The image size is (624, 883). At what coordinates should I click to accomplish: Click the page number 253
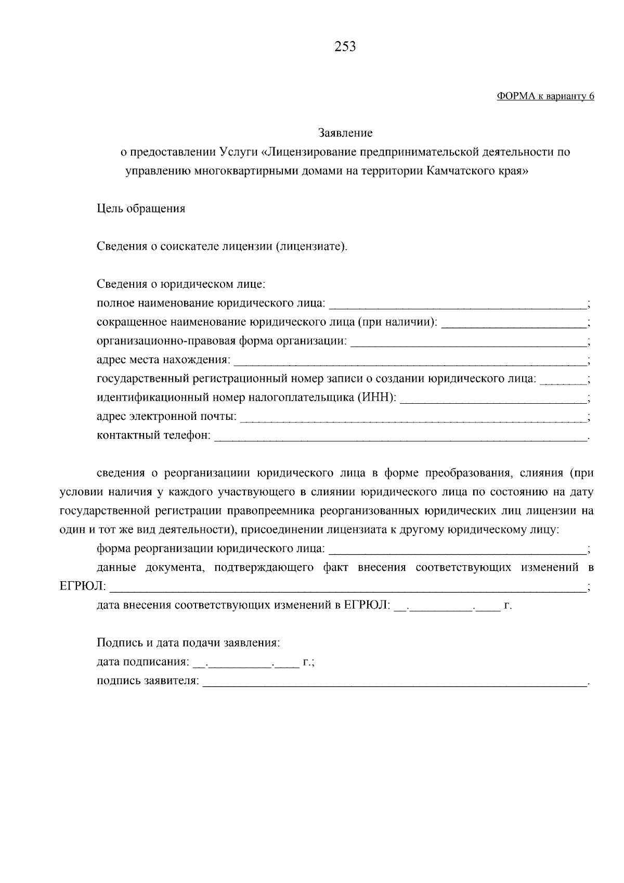[x=345, y=47]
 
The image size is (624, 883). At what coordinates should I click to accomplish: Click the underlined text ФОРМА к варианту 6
[x=545, y=96]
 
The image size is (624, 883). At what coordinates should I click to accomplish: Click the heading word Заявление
[x=345, y=133]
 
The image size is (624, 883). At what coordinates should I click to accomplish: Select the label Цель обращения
[x=141, y=209]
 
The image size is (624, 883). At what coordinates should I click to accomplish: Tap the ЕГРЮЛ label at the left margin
[x=83, y=587]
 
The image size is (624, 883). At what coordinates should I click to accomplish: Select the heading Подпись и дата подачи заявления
[x=188, y=643]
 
